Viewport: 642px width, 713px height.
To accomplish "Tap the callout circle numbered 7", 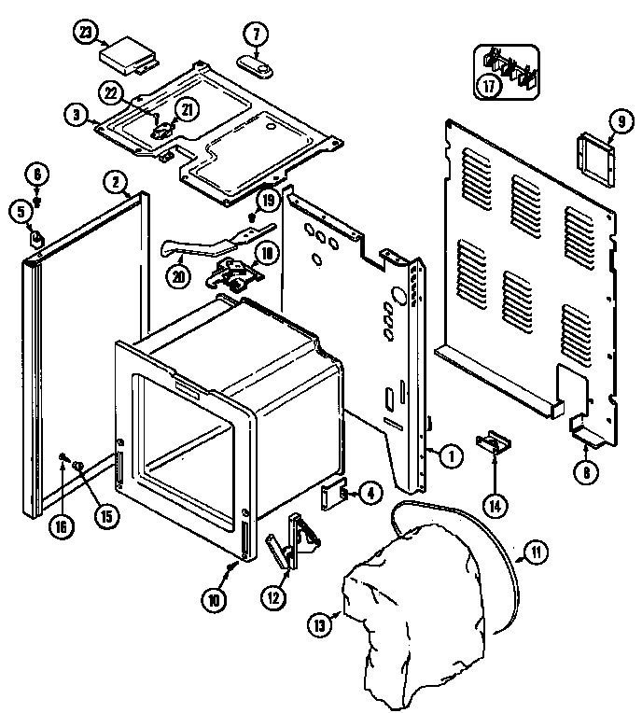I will [x=255, y=35].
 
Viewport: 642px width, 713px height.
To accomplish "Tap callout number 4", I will [x=370, y=494].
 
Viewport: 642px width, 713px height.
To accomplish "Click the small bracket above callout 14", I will [x=491, y=442].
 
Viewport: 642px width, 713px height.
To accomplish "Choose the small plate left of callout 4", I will [x=332, y=496].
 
